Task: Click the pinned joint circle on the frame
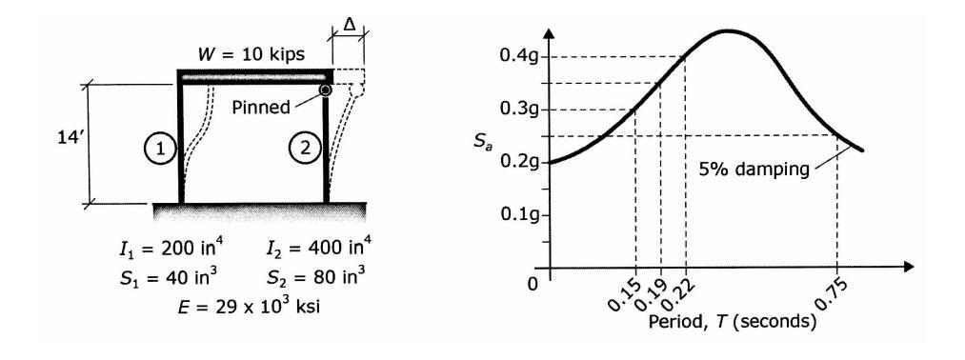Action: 326,90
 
